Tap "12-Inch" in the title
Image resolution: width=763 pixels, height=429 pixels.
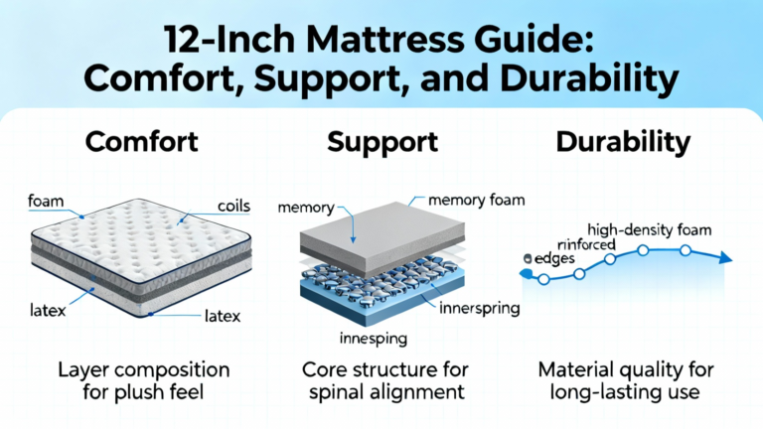pos(229,39)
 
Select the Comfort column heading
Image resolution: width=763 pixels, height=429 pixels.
pos(142,142)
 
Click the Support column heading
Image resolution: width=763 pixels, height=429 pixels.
pos(382,143)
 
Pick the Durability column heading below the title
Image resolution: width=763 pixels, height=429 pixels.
pos(623,143)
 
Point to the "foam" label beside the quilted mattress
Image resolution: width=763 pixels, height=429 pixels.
pos(46,201)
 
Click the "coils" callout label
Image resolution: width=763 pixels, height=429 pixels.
pos(233,206)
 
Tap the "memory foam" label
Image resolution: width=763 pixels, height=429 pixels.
pos(477,200)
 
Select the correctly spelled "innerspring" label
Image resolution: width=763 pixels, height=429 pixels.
pos(479,309)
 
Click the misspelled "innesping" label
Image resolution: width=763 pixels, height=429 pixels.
pos(374,338)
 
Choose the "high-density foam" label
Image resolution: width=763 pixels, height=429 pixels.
pos(649,229)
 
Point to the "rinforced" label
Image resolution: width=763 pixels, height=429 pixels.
pos(586,244)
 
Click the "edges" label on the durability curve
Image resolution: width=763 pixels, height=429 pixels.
pos(554,259)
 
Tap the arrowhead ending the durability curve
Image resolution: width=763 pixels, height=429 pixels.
pos(725,258)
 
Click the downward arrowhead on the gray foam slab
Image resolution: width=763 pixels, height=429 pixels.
pos(354,239)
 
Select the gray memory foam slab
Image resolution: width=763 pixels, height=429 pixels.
pos(382,238)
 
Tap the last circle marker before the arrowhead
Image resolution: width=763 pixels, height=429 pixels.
pos(686,250)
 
